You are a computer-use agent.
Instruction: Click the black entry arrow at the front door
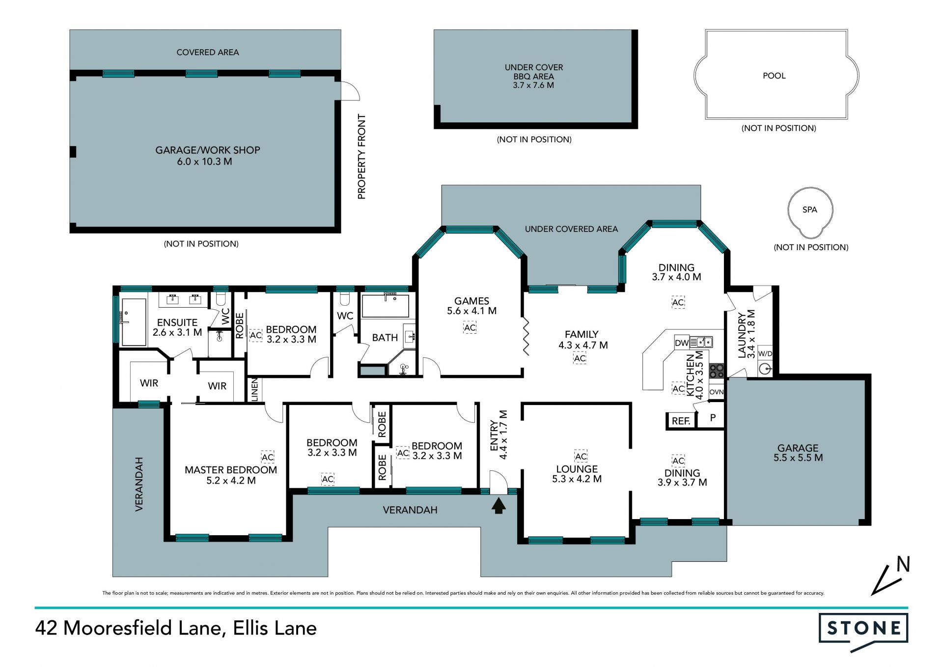pos(499,506)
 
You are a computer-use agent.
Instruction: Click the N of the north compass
pos(903,564)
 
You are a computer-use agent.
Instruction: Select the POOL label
pos(774,76)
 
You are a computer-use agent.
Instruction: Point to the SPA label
pos(810,210)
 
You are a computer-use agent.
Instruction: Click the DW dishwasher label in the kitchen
pos(682,343)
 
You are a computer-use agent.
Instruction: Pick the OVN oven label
pos(717,392)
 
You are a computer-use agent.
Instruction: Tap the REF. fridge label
pos(681,421)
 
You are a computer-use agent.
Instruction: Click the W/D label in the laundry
pos(765,353)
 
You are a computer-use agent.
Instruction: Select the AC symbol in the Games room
pos(470,328)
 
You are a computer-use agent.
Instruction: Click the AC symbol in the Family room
pos(580,358)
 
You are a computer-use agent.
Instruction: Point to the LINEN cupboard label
pos(254,390)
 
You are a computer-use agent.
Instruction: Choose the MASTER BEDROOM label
pos(231,470)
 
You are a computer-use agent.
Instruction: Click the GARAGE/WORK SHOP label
pos(208,150)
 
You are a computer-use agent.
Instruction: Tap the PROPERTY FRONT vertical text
pos(362,157)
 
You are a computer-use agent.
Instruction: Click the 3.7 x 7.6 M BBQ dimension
pos(533,85)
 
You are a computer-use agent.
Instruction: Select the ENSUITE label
pos(177,322)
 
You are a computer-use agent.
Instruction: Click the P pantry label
pos(713,418)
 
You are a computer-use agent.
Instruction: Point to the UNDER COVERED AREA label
pos(571,229)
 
